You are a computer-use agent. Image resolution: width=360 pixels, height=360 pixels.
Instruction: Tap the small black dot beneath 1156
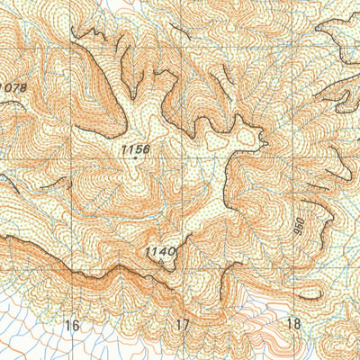(136, 157)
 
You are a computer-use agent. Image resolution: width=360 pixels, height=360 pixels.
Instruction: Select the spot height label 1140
(158, 253)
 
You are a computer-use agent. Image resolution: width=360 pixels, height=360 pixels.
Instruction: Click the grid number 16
(72, 324)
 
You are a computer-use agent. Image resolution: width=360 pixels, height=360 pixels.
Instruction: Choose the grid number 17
(184, 324)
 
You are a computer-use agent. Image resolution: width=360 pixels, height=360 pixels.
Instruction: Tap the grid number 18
(292, 324)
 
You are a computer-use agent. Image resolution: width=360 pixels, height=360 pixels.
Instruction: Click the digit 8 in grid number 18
(296, 324)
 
